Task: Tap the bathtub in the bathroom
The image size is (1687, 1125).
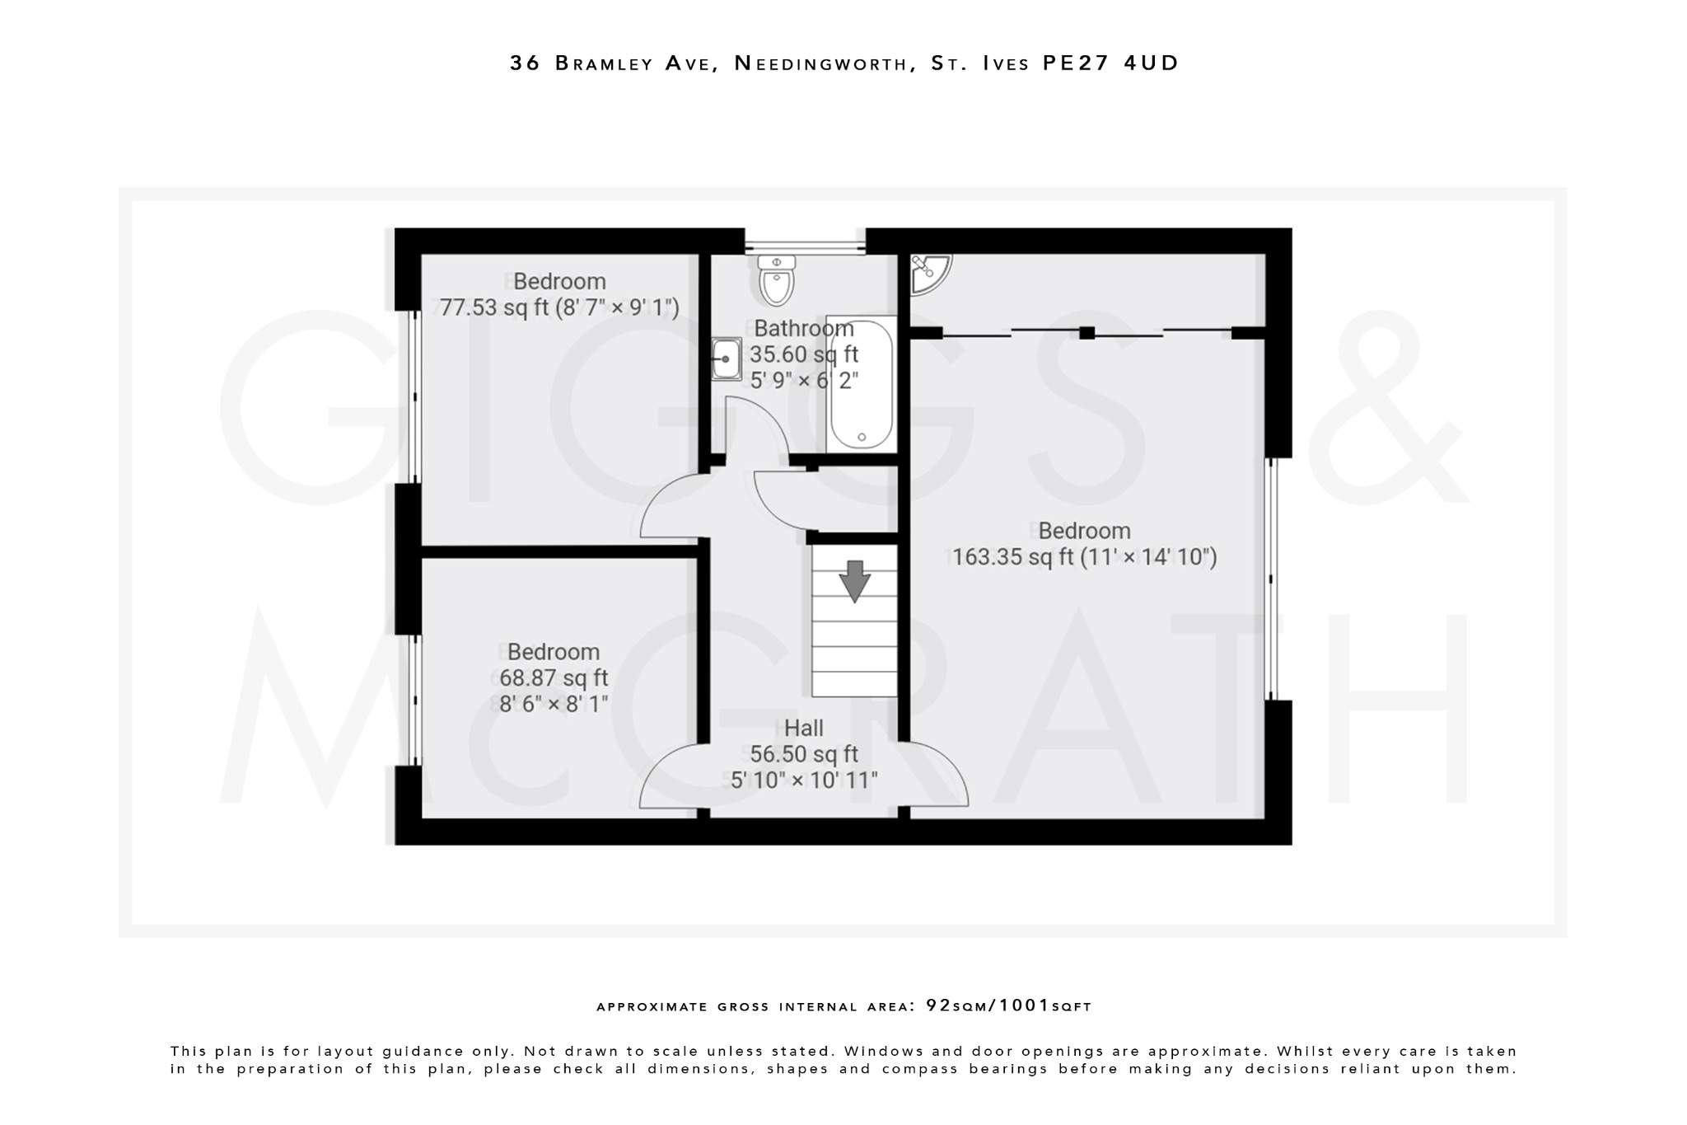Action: pyautogui.click(x=861, y=382)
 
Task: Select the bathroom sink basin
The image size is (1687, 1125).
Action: pyautogui.click(x=726, y=359)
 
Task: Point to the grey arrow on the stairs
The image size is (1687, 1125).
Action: pyautogui.click(x=854, y=580)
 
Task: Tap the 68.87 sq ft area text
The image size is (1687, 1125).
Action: pyautogui.click(x=553, y=678)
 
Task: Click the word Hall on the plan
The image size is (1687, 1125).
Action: pyautogui.click(x=803, y=728)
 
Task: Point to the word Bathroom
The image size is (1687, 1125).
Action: pyautogui.click(x=803, y=328)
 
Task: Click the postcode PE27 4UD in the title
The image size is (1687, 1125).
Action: pyautogui.click(x=1110, y=63)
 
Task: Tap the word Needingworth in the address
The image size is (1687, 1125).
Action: pyautogui.click(x=820, y=63)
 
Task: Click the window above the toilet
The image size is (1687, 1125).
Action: pyautogui.click(x=805, y=244)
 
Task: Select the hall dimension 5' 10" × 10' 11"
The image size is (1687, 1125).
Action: pyautogui.click(x=804, y=780)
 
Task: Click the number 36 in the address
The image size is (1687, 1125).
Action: pyautogui.click(x=525, y=63)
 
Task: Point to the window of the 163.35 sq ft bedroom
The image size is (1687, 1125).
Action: pyautogui.click(x=1271, y=579)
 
